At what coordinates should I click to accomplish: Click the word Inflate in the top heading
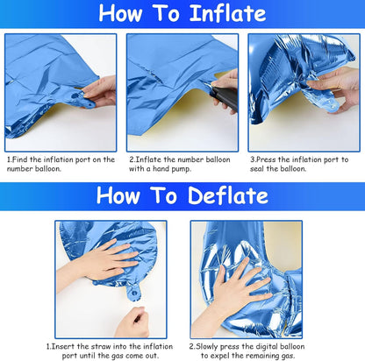[228, 13]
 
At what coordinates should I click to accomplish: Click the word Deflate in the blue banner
[228, 195]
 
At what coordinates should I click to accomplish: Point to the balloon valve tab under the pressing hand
[134, 292]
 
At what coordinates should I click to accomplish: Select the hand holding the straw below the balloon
[133, 322]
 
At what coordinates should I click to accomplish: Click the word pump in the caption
[181, 169]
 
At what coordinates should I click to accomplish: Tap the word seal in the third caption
[257, 168]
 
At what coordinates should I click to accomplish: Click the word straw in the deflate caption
[102, 346]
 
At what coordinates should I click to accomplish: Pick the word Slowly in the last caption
[207, 347]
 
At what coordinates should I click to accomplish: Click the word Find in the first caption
[20, 159]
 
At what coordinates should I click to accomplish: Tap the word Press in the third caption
[266, 159]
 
